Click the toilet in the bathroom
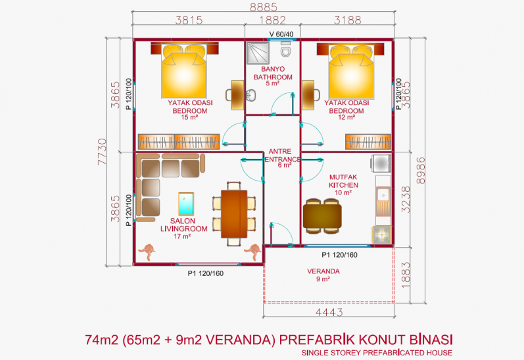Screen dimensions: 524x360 tap(285, 49)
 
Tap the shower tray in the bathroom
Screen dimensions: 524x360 tap(258, 53)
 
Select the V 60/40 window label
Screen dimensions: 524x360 tap(281, 34)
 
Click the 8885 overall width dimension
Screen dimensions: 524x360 tap(264, 7)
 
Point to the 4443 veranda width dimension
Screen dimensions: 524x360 tap(329, 312)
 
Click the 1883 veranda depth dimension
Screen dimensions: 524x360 tap(405, 275)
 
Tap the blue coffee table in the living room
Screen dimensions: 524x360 tap(186, 204)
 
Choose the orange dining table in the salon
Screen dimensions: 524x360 tap(234, 214)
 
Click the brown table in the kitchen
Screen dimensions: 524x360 tap(322, 216)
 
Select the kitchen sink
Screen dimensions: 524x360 tap(383, 194)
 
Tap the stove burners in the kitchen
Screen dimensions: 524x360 tap(381, 235)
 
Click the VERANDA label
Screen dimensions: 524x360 tap(323, 271)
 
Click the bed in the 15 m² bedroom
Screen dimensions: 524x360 tap(184, 71)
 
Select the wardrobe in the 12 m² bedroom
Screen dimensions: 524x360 tap(368, 142)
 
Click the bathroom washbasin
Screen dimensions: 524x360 tap(250, 95)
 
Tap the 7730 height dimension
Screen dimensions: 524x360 tap(103, 152)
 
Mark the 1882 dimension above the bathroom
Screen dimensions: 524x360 tap(273, 20)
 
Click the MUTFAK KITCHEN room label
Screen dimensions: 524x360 tap(343, 181)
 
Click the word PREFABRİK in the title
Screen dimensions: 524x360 tap(316, 340)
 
